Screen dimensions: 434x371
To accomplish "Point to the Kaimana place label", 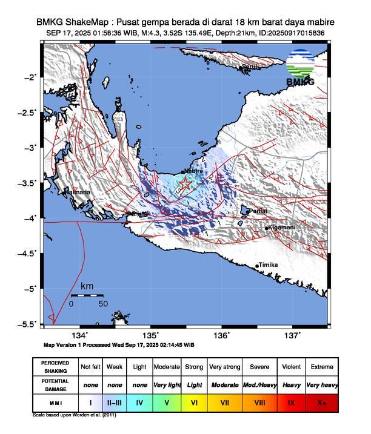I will click(78, 192).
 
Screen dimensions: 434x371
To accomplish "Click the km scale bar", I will click(87, 295).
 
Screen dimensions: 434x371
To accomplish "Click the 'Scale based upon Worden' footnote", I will click(73, 415).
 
